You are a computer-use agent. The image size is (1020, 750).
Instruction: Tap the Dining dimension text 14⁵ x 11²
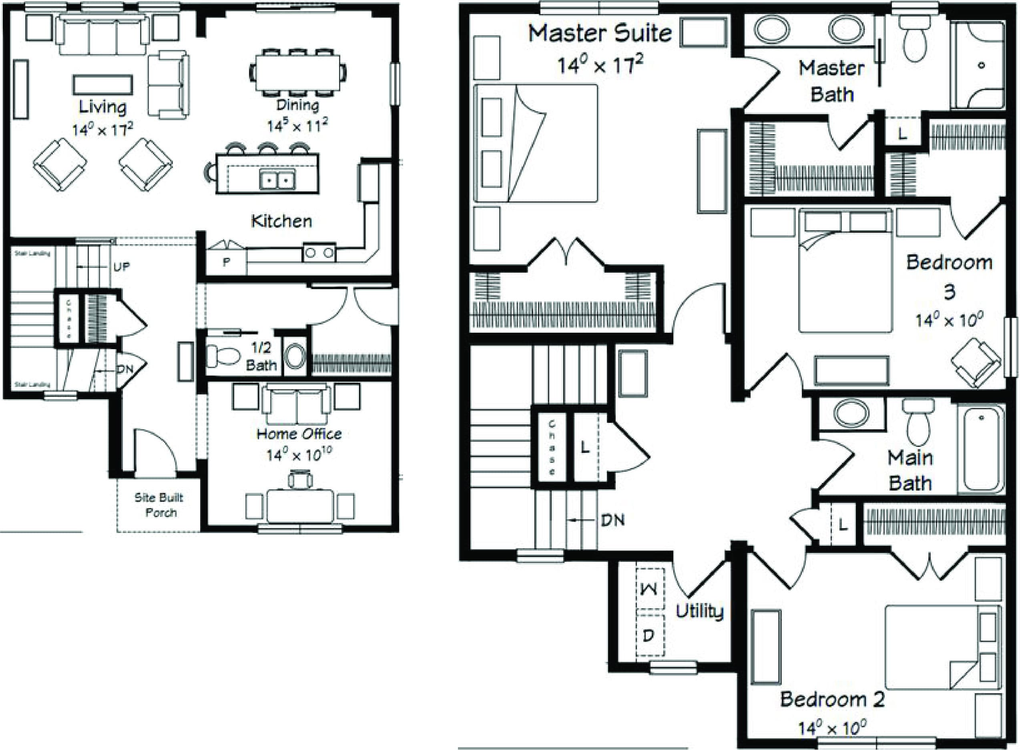coord(297,125)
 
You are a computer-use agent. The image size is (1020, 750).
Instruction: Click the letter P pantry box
coord(226,262)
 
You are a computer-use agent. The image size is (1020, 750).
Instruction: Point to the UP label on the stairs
coord(121,267)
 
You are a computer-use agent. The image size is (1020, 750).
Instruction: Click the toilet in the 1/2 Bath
coord(223,356)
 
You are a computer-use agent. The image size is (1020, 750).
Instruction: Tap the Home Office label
coord(299,434)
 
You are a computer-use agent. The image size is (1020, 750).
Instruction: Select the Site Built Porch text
coord(159,505)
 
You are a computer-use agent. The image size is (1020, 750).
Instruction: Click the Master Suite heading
coord(600,34)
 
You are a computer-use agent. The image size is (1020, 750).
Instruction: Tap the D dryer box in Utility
coord(649,635)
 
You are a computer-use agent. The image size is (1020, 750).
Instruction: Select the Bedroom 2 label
coord(833,699)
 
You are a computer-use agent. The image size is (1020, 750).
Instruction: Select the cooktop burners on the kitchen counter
coord(319,253)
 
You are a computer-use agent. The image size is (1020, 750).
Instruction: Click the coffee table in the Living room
coord(102,85)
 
